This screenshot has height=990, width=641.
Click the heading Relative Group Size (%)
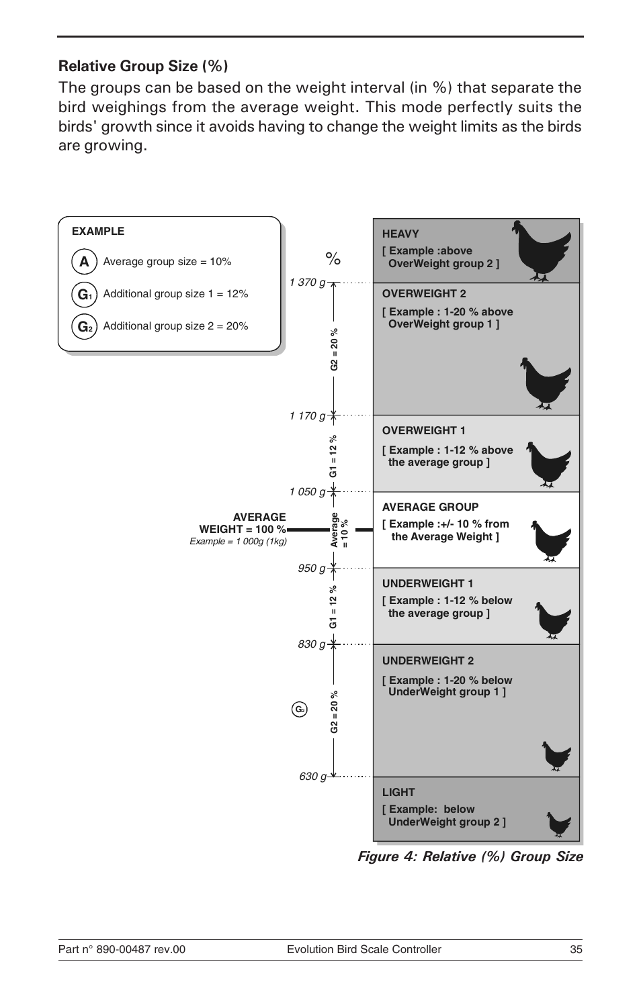(142, 66)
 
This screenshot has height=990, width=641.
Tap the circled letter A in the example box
(84, 262)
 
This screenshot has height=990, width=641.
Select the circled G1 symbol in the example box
(84, 294)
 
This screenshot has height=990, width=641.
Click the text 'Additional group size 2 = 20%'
(175, 326)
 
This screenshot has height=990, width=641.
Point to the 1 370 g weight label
(307, 283)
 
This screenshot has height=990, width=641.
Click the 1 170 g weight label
(307, 416)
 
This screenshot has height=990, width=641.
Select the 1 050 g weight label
(307, 492)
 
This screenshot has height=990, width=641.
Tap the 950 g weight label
(312, 568)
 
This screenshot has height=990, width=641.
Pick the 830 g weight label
(312, 644)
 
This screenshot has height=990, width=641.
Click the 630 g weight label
(312, 777)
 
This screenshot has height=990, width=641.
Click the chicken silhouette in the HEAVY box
(540, 250)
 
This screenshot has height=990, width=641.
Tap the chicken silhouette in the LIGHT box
(558, 824)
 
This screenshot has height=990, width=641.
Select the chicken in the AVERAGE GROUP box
(550, 540)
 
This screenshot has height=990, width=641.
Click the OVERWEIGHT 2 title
(423, 294)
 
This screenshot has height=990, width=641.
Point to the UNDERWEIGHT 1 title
(427, 584)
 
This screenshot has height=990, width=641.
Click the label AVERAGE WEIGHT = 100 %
(243, 523)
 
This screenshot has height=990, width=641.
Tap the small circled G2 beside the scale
(300, 709)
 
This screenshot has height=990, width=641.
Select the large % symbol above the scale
(333, 259)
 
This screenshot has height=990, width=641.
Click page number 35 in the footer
(576, 949)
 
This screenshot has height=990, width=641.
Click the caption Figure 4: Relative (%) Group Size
(470, 856)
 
